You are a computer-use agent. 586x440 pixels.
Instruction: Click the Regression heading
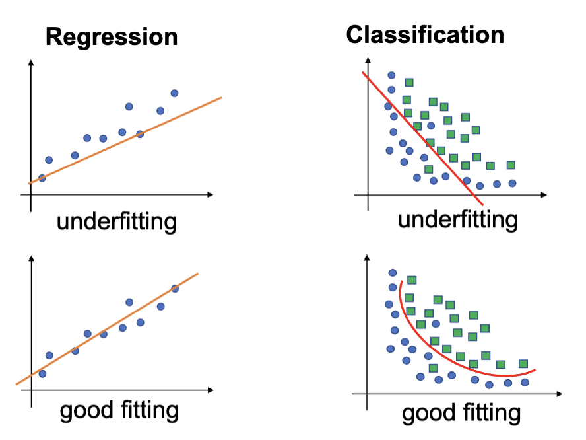pyautogui.click(x=112, y=37)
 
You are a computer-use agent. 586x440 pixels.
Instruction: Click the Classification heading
pyautogui.click(x=425, y=35)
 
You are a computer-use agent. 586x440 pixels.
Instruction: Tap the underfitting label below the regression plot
pyautogui.click(x=117, y=221)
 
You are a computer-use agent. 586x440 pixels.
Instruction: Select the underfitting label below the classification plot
pyautogui.click(x=457, y=219)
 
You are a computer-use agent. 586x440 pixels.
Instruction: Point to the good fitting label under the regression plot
pyautogui.click(x=119, y=411)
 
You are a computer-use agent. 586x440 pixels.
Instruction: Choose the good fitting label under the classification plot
pyautogui.click(x=461, y=414)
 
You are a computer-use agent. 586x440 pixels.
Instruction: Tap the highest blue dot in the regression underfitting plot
pyautogui.click(x=174, y=93)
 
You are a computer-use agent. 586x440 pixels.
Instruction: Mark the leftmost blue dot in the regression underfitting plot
pyautogui.click(x=42, y=178)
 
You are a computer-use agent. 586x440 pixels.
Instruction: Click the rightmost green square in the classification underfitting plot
pyautogui.click(x=510, y=165)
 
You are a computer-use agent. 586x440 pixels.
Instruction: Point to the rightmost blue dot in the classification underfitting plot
pyautogui.click(x=512, y=183)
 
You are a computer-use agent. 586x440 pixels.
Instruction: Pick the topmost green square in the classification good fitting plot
pyautogui.click(x=412, y=280)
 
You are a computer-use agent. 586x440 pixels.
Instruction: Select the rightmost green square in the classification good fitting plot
pyautogui.click(x=523, y=363)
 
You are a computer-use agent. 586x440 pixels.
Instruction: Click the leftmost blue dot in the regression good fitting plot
pyautogui.click(x=42, y=373)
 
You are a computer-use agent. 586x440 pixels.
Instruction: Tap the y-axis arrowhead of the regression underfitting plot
pyautogui.click(x=30, y=64)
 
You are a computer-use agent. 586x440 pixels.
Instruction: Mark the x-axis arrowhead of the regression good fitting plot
pyautogui.click(x=209, y=389)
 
